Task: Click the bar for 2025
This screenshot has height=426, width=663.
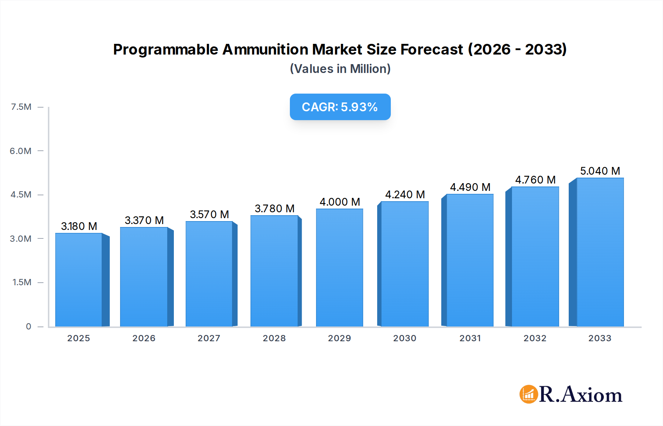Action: coord(78,280)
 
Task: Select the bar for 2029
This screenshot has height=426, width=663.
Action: coord(339,268)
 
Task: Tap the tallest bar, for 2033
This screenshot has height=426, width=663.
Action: coord(600,252)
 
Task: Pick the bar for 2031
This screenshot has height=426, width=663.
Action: coord(470,260)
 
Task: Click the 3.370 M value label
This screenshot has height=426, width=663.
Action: coord(144,220)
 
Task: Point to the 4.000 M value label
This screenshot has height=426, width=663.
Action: coord(340,202)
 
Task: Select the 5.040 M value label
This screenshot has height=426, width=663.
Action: coord(600,171)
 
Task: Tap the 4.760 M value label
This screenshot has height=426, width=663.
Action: coord(535,180)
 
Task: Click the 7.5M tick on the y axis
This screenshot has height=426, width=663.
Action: coord(21,107)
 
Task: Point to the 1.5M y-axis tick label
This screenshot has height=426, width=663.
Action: coord(22,282)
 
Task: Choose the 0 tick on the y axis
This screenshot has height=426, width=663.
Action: coord(28,327)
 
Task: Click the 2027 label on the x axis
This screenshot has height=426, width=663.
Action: coord(209,338)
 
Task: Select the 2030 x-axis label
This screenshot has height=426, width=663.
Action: coord(404,338)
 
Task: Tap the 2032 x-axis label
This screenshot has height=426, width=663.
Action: coord(535,338)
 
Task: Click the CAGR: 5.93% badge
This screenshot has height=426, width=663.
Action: coord(340,107)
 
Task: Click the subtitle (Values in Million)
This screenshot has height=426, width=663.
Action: coord(340,69)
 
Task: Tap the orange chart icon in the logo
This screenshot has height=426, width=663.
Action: coord(529,394)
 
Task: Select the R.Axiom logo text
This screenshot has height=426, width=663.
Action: coord(580,395)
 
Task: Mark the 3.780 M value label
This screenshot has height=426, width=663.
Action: coord(274,209)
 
